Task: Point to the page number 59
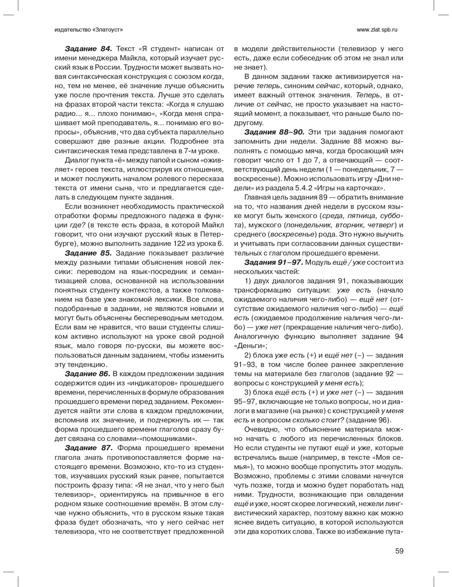coord(399,551)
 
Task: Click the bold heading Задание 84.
coord(88,49)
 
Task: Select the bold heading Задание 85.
coord(88,252)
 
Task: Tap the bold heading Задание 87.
coord(88,447)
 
